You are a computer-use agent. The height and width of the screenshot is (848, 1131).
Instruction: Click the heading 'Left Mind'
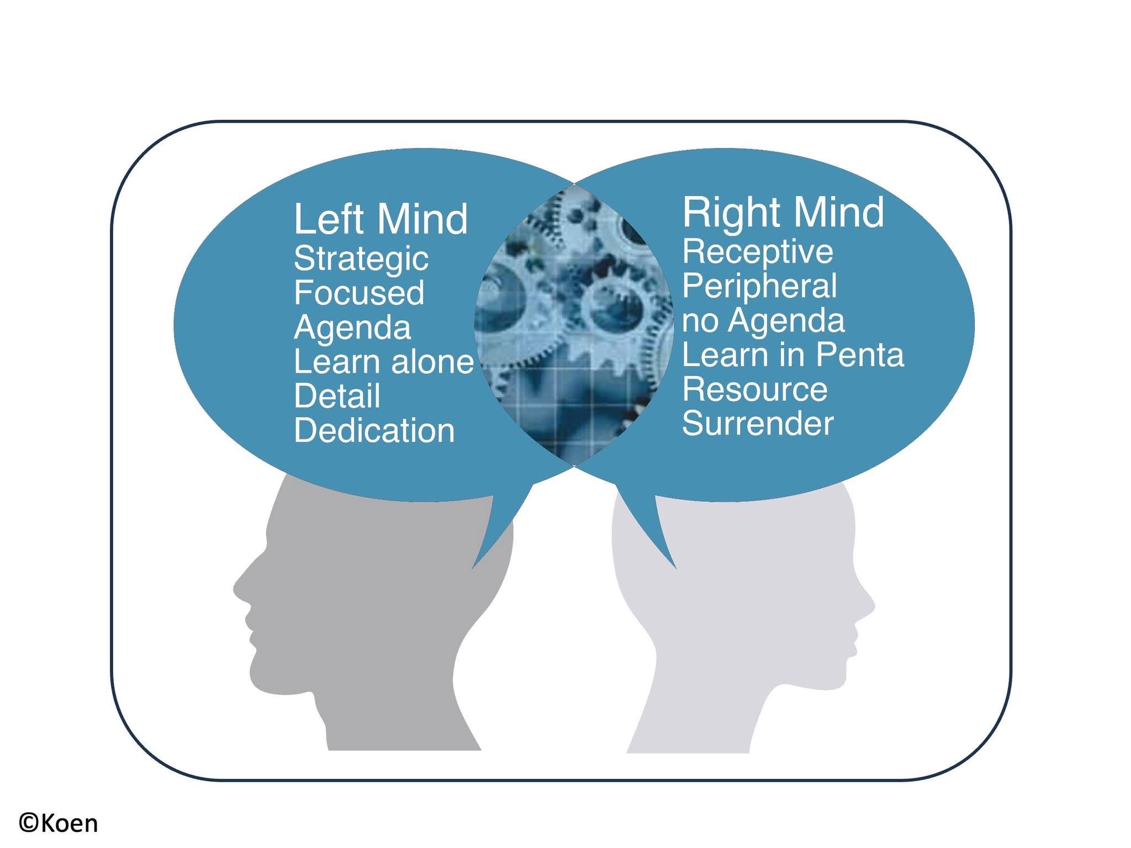click(380, 219)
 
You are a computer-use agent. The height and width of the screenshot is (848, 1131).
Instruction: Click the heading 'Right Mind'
click(783, 212)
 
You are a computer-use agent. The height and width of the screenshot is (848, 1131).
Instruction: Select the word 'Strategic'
click(361, 259)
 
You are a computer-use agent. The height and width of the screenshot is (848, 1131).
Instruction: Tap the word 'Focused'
click(359, 293)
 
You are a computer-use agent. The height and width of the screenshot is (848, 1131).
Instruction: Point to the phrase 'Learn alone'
click(384, 362)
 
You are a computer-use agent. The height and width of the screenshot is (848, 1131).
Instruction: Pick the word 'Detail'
click(337, 396)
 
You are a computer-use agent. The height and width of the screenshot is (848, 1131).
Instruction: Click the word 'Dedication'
click(374, 431)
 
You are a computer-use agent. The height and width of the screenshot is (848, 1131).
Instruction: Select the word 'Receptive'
click(758, 252)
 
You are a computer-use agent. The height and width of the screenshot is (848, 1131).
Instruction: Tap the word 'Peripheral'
click(760, 286)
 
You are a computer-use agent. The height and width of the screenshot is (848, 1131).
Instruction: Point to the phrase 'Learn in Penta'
click(793, 354)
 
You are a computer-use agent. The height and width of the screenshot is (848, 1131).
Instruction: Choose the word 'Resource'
click(755, 389)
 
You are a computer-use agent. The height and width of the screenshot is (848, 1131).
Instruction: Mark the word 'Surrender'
click(758, 423)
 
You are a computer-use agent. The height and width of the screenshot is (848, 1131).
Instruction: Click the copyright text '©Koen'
click(59, 823)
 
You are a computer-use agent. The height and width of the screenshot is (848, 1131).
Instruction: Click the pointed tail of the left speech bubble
click(474, 567)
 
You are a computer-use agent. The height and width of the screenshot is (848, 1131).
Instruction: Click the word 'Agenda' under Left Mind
click(352, 328)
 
